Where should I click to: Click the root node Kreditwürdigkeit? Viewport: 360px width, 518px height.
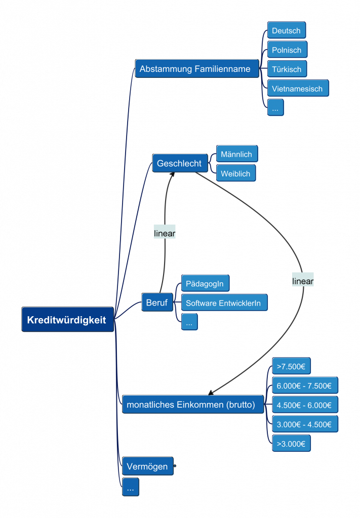click(x=67, y=320)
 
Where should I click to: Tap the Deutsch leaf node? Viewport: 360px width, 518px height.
click(x=286, y=30)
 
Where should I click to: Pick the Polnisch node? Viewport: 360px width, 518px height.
click(x=287, y=50)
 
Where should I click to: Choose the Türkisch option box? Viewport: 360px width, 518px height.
click(x=287, y=69)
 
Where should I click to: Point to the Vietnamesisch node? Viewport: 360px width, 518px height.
click(x=297, y=89)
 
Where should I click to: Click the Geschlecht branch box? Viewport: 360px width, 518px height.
click(x=180, y=163)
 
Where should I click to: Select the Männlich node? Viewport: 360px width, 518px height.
click(x=236, y=154)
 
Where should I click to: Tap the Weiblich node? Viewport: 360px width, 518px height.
click(x=235, y=174)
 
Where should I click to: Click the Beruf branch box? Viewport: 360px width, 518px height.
click(x=157, y=303)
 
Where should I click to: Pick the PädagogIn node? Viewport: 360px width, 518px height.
click(x=205, y=284)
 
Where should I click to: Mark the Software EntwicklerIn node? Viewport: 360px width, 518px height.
click(x=223, y=303)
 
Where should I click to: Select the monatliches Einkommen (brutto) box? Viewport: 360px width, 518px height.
click(x=192, y=404)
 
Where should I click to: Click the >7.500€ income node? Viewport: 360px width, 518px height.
click(x=291, y=366)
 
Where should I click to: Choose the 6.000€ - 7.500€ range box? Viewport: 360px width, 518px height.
click(x=304, y=385)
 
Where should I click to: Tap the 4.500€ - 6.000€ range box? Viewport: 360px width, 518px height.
click(x=304, y=405)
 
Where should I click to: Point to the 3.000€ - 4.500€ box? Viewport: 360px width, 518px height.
click(x=304, y=424)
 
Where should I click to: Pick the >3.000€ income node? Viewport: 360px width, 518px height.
click(x=291, y=444)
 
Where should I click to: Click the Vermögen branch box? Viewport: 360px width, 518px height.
click(x=147, y=466)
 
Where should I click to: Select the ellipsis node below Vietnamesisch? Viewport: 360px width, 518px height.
click(x=275, y=108)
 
